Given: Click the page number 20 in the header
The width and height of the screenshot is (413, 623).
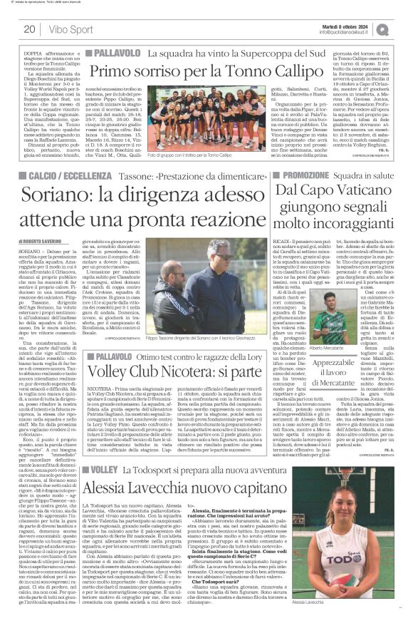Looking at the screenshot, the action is [x=29, y=29].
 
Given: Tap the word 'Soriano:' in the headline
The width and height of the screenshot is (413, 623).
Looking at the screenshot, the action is [x=64, y=195].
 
